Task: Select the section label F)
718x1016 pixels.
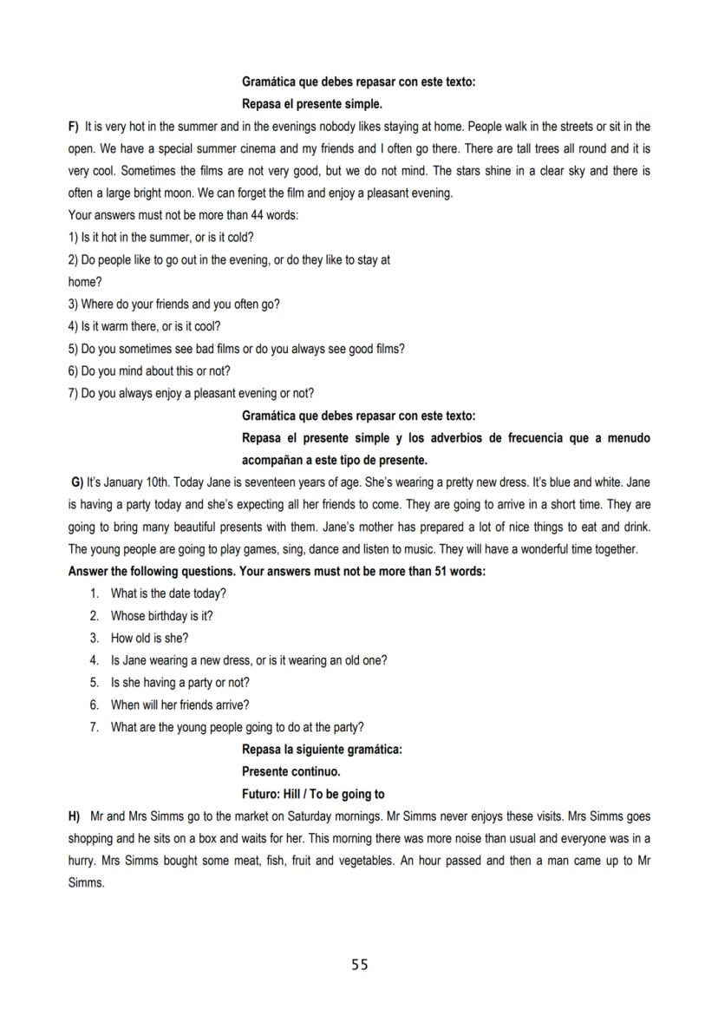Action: tap(74, 127)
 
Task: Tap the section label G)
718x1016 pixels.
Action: tap(77, 482)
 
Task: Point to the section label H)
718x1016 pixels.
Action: tap(74, 816)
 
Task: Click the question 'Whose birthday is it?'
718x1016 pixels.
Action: tap(161, 616)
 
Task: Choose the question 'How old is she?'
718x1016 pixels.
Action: tap(149, 639)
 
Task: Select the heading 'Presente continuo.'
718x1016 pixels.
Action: tap(290, 771)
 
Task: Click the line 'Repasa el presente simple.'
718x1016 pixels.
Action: tap(311, 104)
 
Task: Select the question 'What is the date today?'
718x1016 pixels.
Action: tap(168, 593)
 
